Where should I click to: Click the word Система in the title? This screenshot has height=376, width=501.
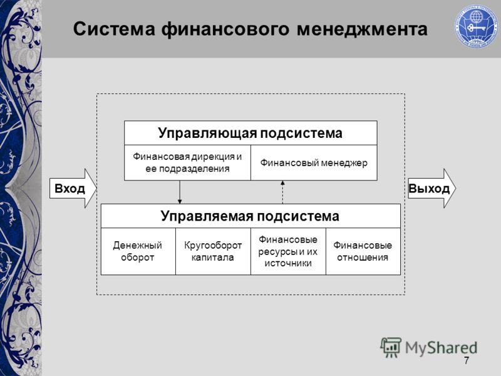[x=114, y=29]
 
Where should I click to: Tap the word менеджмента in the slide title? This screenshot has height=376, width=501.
[x=362, y=29]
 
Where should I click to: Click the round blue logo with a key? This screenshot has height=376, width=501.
[x=476, y=26]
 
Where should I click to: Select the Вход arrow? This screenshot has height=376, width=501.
[x=73, y=189]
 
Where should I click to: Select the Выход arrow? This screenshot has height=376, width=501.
[x=432, y=189]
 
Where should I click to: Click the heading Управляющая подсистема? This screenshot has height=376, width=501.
[x=250, y=133]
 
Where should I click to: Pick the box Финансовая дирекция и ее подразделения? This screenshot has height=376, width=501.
[x=187, y=162]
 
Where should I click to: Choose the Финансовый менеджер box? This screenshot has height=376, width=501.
[x=314, y=162]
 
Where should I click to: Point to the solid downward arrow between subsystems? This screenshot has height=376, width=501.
[x=180, y=192]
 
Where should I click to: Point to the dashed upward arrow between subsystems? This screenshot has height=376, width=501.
[x=282, y=192]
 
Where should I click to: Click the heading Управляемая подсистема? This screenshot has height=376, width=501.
[x=250, y=216]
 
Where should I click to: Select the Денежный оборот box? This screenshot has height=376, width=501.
[x=138, y=251]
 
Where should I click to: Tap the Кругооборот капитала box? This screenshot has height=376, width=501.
[x=213, y=251]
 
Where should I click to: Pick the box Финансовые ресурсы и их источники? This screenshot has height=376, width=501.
[x=288, y=251]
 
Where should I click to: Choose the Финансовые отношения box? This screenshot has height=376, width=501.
[x=363, y=251]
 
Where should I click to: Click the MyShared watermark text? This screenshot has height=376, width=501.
[x=442, y=348]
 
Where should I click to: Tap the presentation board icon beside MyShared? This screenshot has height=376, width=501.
[x=390, y=347]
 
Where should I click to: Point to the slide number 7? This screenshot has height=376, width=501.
[x=467, y=360]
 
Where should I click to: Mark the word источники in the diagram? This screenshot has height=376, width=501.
[x=288, y=263]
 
